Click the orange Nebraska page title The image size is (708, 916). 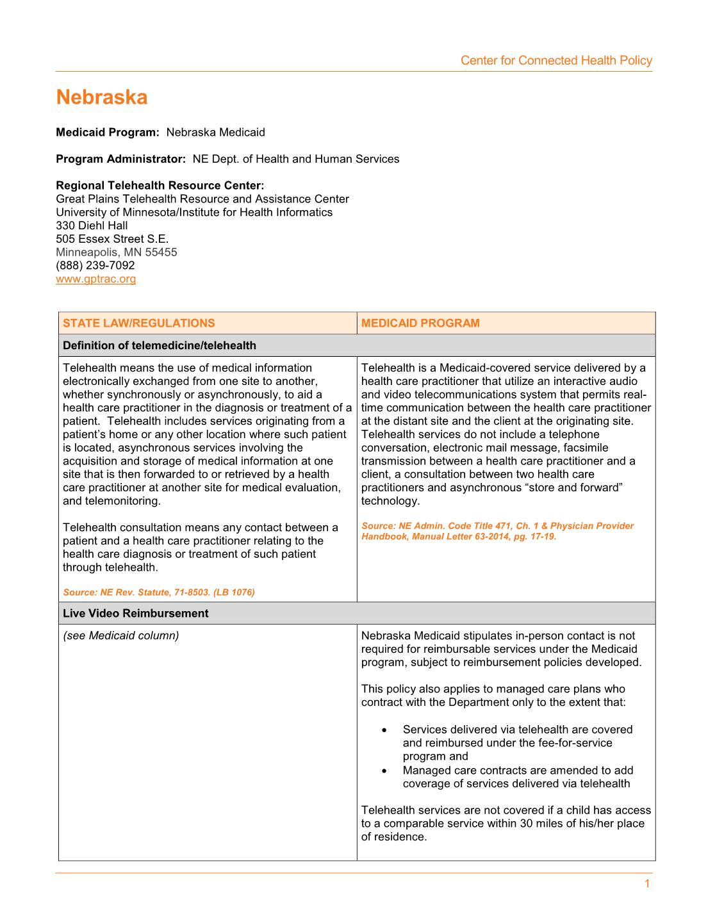pyautogui.click(x=102, y=97)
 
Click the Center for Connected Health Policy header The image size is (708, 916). pyautogui.click(x=556, y=61)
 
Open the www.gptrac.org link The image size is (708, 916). pyautogui.click(x=96, y=279)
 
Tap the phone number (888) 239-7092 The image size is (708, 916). pyautogui.click(x=95, y=266)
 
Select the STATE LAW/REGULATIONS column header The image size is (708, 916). pyautogui.click(x=139, y=323)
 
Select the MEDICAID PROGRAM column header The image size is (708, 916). pyautogui.click(x=420, y=323)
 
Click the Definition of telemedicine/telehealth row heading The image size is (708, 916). pyautogui.click(x=160, y=346)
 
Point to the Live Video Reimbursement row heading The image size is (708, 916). pyautogui.click(x=136, y=614)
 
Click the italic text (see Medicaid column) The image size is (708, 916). pyautogui.click(x=121, y=636)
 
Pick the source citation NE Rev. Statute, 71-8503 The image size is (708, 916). pyautogui.click(x=159, y=593)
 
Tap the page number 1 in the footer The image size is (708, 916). pyautogui.click(x=647, y=884)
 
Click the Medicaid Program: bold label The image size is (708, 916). pyautogui.click(x=107, y=133)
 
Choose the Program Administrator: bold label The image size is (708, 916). pyautogui.click(x=120, y=159)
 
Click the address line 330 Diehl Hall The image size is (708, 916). pyautogui.click(x=92, y=225)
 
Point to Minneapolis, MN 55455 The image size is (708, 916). pyautogui.click(x=117, y=252)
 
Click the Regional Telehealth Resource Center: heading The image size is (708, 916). pyautogui.click(x=160, y=186)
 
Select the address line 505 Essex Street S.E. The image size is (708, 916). pyautogui.click(x=112, y=239)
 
